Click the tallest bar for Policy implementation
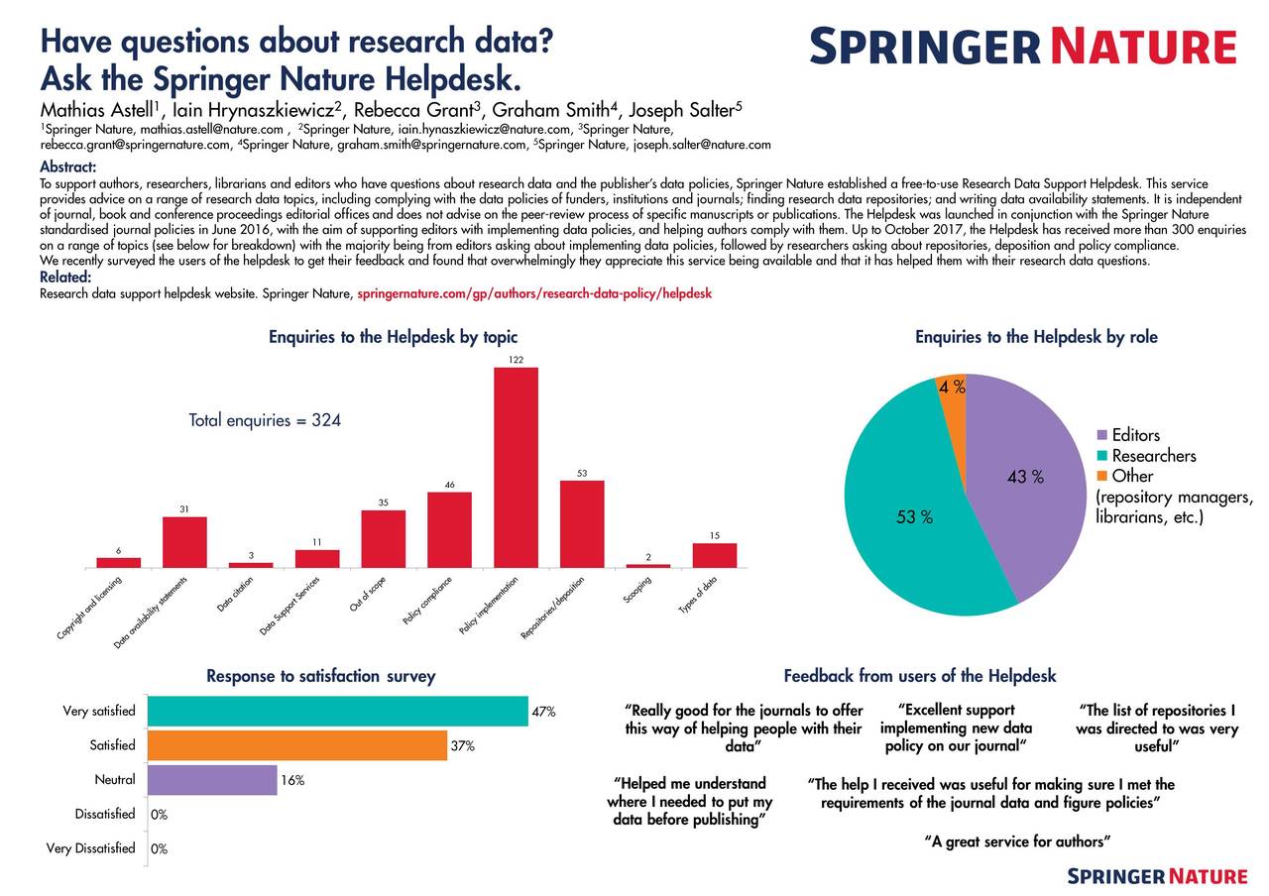(x=516, y=467)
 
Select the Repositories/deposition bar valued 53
(x=582, y=523)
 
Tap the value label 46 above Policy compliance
(x=449, y=485)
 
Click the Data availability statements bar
(x=184, y=542)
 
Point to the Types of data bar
(x=714, y=555)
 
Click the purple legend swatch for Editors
(x=1102, y=436)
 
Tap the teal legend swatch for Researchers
(x=1102, y=456)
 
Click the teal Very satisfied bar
(x=338, y=711)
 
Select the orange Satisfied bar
(x=297, y=745)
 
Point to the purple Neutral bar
(x=212, y=780)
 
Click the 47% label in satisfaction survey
(x=543, y=712)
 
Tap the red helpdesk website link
(x=533, y=294)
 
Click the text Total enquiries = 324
(x=265, y=420)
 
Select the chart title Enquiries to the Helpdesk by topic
(x=393, y=337)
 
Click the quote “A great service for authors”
(x=1016, y=841)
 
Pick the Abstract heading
(x=67, y=167)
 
